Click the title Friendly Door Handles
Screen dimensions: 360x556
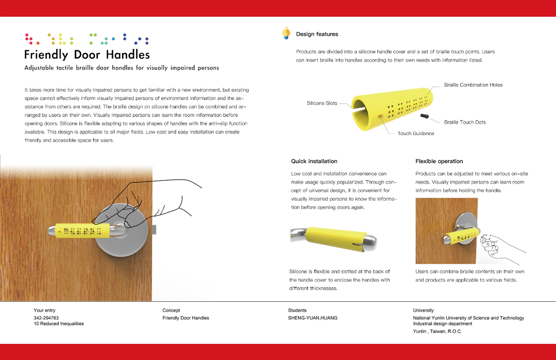pos(87,55)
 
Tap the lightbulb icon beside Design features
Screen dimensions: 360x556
pos(286,33)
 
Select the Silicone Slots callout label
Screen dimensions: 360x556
pos(322,104)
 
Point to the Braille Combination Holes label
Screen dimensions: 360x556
pos(473,85)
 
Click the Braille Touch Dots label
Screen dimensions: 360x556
pos(465,122)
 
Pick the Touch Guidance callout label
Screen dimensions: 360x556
pos(415,133)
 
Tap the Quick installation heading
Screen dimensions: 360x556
pos(314,161)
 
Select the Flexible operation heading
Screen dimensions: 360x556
pos(439,161)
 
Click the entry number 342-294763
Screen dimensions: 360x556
pos(46,318)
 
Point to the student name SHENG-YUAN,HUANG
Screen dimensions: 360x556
pos(312,318)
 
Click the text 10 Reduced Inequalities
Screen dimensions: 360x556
pos(59,323)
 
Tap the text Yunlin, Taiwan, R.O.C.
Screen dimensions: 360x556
pos(437,331)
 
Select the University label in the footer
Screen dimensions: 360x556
pos(423,311)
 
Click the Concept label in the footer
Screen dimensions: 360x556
pos(171,311)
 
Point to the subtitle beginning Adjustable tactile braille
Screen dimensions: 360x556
pos(121,68)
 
